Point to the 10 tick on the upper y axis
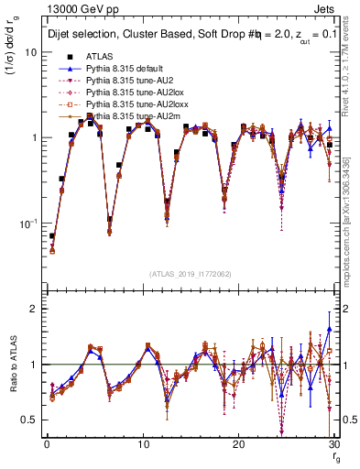click(x=30, y=52)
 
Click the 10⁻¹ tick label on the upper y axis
click(x=27, y=223)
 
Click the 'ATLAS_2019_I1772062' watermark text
click(x=190, y=274)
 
